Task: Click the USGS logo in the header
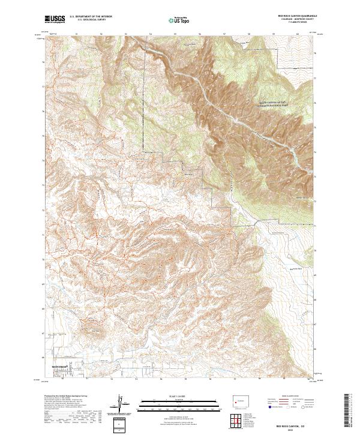tap(54, 19)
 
